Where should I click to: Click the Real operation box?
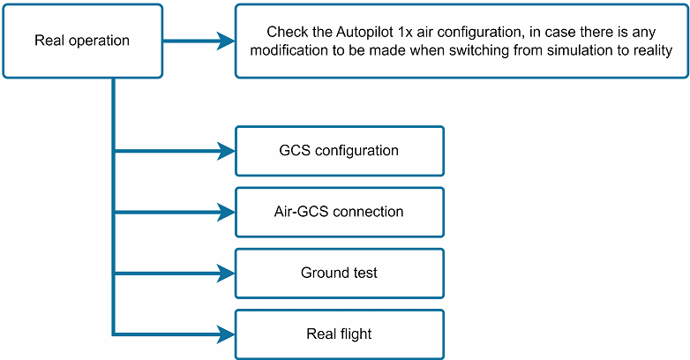coord(82,41)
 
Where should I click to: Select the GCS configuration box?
coord(339,151)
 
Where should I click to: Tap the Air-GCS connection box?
coord(339,212)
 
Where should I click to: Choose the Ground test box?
coord(339,273)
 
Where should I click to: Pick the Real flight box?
coord(339,334)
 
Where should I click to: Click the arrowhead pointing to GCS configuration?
coord(227,151)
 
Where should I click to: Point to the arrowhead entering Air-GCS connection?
coord(227,212)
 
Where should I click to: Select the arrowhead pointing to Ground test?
coord(227,273)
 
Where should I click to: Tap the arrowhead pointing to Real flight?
coord(227,334)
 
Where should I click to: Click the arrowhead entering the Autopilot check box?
coord(227,41)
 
